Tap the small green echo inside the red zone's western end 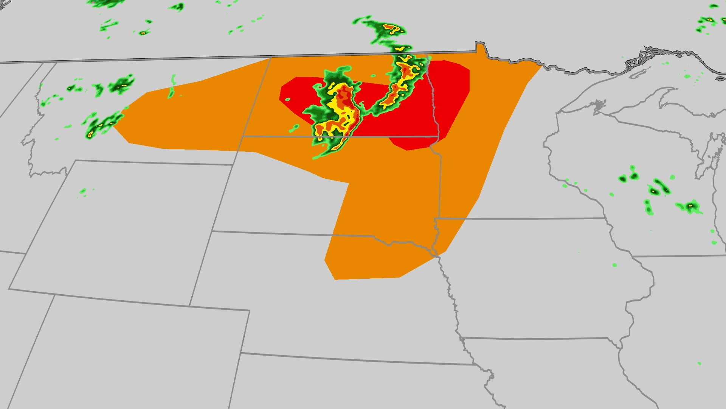pos(287,100)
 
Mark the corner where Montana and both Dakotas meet pos(242,136)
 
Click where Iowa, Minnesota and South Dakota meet pos(436,219)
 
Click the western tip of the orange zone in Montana pos(113,127)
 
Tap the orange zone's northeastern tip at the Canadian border pos(541,65)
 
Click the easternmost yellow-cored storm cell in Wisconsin pos(690,206)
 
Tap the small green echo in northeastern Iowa pos(614,265)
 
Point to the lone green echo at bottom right pos(699,364)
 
